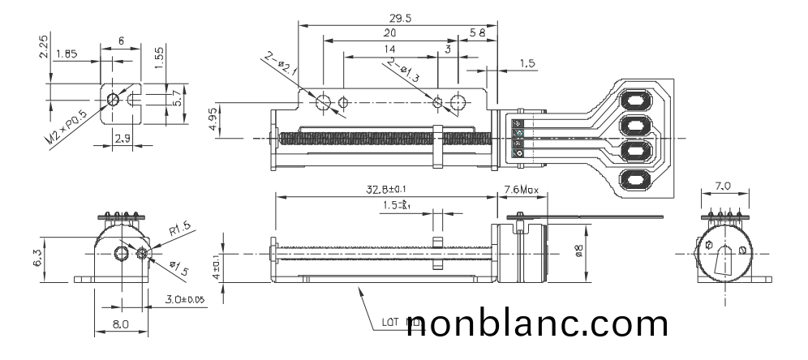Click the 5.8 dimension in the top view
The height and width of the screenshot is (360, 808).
tap(479, 32)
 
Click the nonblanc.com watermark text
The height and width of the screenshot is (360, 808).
tap(535, 324)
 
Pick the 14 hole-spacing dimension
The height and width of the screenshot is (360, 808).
tap(390, 50)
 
